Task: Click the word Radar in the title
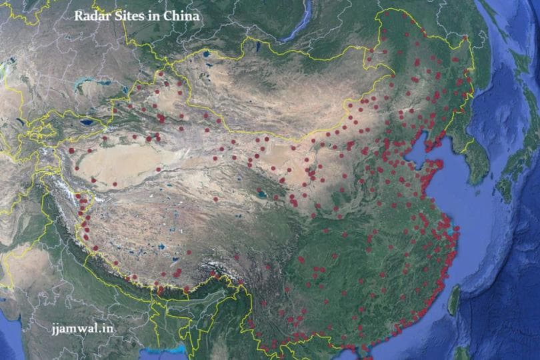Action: click(89, 15)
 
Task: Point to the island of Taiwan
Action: click(454, 300)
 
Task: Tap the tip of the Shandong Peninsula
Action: click(441, 163)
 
